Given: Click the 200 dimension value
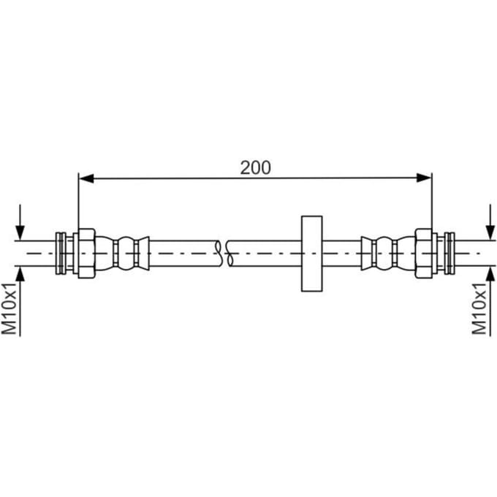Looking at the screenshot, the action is (256, 167).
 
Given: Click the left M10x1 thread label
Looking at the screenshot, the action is (10, 308).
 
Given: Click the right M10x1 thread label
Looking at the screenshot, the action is (479, 308).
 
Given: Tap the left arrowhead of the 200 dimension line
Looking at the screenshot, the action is (86, 178).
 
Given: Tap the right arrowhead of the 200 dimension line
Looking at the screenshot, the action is (424, 178).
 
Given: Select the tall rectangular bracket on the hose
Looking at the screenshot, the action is (312, 254).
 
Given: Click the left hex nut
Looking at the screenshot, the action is (86, 254).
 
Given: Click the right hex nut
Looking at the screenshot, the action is (423, 254).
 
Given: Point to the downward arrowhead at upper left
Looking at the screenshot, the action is (20, 233).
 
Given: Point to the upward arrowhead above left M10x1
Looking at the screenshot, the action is (20, 274).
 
